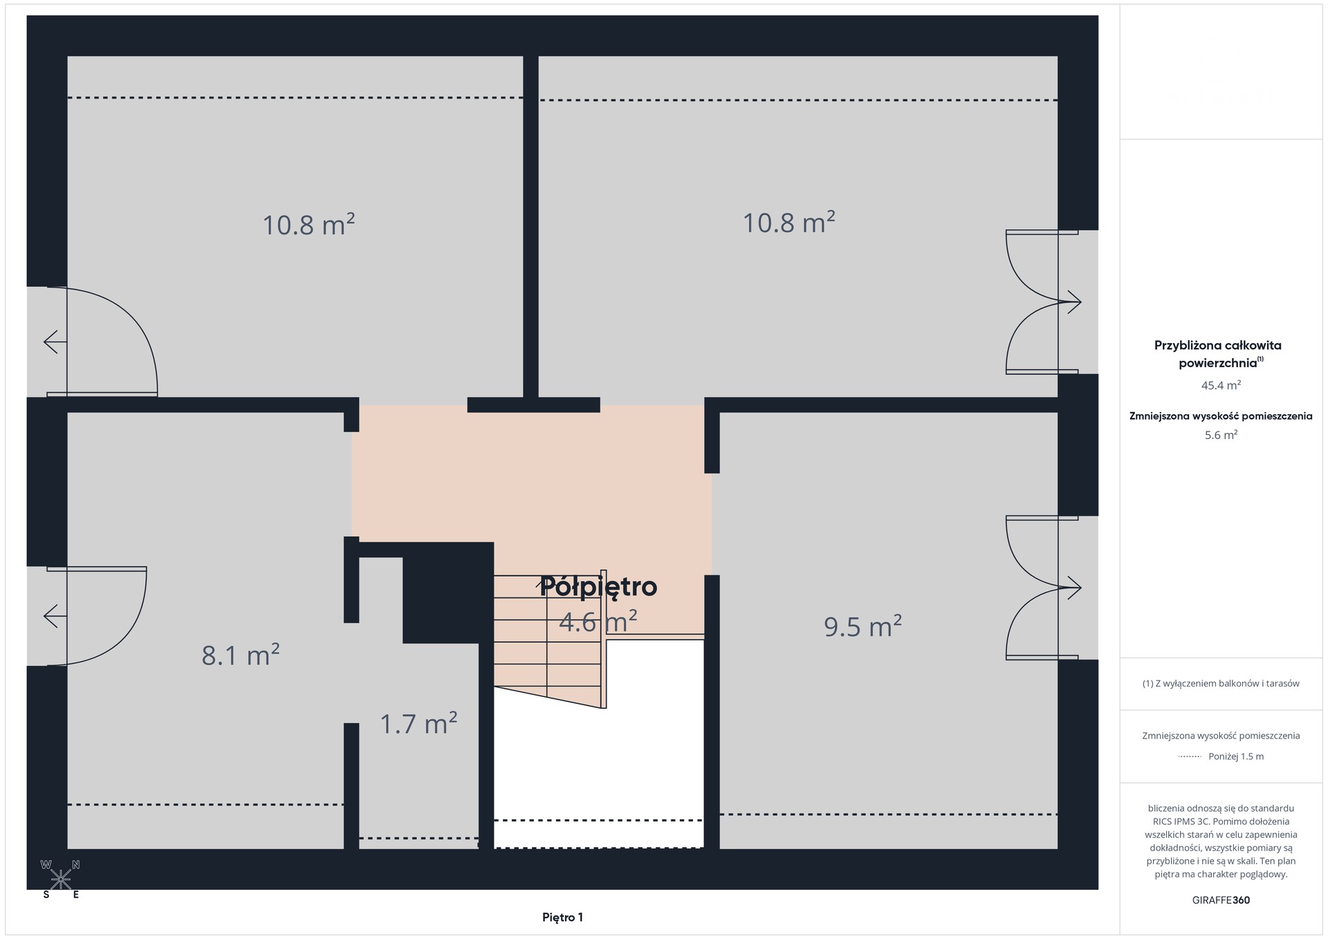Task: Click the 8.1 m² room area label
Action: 241,654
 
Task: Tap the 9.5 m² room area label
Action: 863,626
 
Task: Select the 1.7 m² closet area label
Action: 418,723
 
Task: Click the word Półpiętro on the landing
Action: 598,586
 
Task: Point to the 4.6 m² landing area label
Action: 598,622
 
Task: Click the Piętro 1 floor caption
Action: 562,918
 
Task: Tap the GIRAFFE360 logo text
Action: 1221,900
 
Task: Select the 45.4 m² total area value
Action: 1221,385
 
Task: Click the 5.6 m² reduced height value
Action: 1221,435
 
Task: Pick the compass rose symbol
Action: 61,879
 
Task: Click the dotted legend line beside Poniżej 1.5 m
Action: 1190,756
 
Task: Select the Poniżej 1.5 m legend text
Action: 1236,756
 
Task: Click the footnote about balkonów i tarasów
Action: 1221,684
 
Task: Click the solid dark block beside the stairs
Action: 448,593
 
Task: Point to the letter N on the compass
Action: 76,864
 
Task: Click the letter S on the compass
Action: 46,895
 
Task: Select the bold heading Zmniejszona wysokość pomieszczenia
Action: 1221,416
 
